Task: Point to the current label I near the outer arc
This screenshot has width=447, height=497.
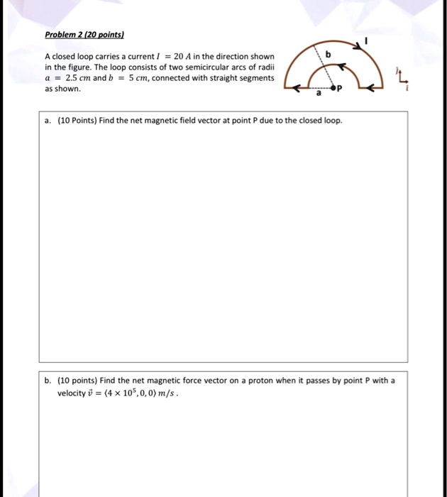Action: tap(366, 42)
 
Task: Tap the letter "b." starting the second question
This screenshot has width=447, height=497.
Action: tap(48, 381)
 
